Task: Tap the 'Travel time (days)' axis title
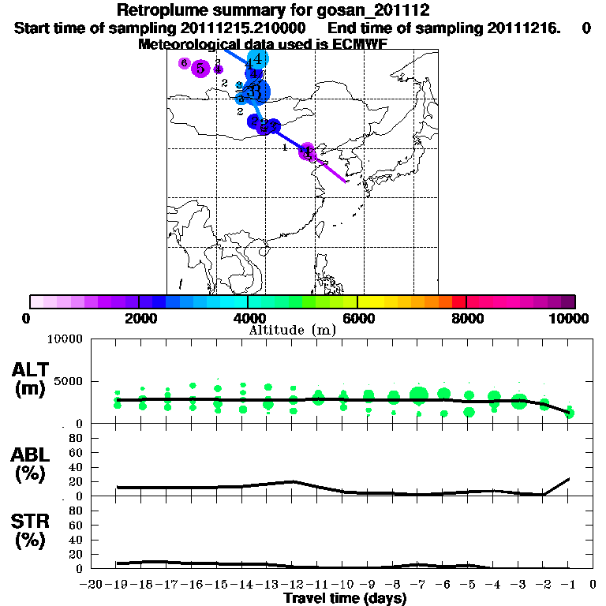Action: pos(345,599)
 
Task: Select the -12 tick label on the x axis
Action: pos(293,585)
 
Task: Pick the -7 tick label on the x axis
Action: pos(418,585)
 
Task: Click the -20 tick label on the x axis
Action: pos(92,585)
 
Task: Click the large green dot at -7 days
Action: pos(419,394)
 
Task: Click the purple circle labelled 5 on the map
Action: pos(200,69)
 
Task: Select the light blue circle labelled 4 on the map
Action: pos(257,58)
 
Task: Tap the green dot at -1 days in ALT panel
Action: pos(570,413)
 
